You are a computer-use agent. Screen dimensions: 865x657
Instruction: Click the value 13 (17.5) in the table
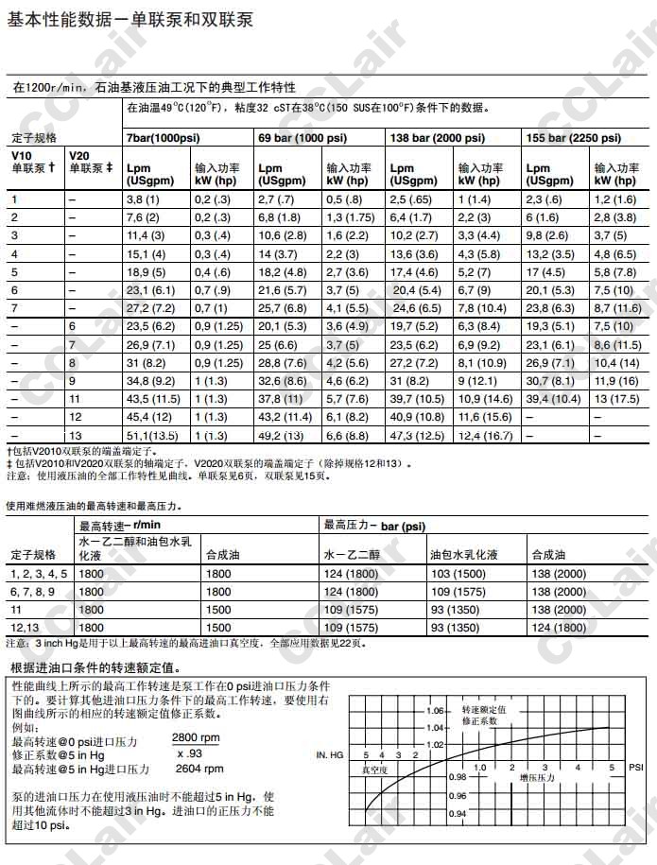coord(614,399)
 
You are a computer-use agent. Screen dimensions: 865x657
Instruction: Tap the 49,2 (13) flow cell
coord(280,435)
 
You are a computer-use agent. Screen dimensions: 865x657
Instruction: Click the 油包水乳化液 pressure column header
coord(464,554)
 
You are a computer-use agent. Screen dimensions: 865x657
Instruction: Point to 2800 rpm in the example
coord(196,738)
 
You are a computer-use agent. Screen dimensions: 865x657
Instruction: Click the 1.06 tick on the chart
coord(434,709)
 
